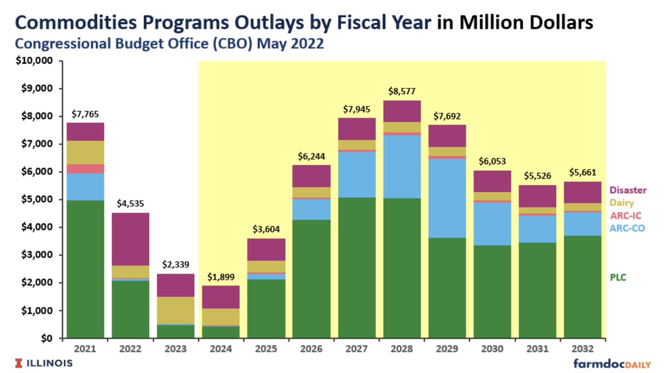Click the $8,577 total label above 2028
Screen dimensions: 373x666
(401, 91)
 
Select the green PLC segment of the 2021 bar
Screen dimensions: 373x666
(85, 269)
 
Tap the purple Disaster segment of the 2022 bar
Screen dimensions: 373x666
(130, 239)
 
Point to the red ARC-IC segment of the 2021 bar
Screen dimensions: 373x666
(85, 168)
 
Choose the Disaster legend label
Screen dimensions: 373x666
(628, 190)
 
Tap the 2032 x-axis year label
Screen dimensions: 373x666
(582, 349)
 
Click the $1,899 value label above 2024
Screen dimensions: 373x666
(220, 277)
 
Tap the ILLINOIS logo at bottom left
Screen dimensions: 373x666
(44, 363)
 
